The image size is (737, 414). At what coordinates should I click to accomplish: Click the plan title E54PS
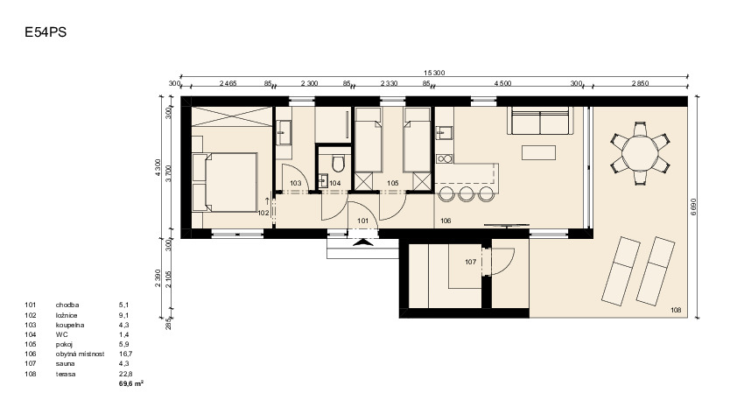click(46, 32)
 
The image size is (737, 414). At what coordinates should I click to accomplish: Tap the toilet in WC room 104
click(338, 164)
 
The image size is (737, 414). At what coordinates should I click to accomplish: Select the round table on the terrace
click(640, 153)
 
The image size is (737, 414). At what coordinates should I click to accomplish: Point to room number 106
click(446, 221)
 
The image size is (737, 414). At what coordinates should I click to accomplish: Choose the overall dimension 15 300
click(434, 73)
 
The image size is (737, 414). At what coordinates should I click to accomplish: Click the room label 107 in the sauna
click(471, 263)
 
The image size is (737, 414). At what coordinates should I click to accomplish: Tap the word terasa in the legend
click(66, 374)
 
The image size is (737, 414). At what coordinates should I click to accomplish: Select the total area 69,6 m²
click(131, 384)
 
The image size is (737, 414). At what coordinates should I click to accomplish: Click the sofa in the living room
click(541, 121)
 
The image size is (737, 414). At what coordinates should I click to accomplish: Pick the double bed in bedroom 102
click(225, 182)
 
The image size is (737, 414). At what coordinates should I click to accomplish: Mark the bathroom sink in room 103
click(284, 132)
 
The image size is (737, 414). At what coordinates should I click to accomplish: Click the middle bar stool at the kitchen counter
click(467, 193)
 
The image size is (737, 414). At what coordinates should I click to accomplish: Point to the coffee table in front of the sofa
click(538, 152)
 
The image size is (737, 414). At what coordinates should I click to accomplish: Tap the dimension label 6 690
click(694, 207)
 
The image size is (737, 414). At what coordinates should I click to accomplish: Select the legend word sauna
click(66, 364)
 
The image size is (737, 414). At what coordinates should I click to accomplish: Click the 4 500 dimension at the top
click(502, 84)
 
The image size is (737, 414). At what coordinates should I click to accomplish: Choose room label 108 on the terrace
click(676, 310)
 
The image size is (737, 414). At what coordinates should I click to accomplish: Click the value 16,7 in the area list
click(125, 354)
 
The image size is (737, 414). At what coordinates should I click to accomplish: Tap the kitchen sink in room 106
click(443, 133)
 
